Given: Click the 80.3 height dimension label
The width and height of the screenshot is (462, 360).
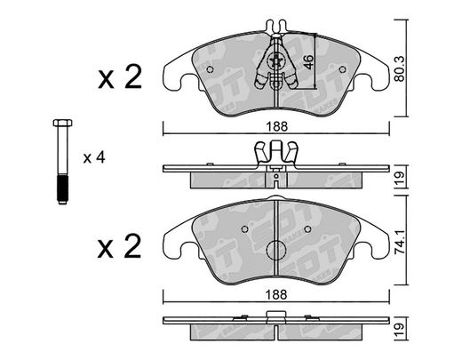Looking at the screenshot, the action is click(400, 68).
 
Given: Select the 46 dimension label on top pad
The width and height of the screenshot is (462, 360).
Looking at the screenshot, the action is click(308, 62).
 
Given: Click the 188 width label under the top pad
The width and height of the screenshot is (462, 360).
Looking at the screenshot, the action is click(276, 127).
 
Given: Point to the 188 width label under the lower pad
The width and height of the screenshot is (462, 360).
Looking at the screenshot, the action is click(276, 295).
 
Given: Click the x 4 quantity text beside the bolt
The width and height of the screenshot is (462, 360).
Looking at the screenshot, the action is click(94, 157).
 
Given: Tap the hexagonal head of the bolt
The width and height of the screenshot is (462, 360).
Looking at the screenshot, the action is click(62, 123).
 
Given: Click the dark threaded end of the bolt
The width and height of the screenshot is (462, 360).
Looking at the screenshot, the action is click(62, 189).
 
